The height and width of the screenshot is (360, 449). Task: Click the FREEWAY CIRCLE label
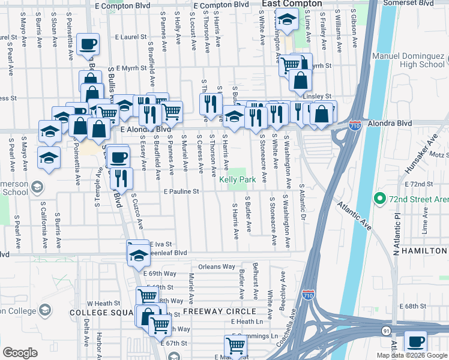coord(219,312)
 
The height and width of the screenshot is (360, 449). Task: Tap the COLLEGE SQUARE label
coord(105,313)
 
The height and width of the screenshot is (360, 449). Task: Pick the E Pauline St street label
coord(180,192)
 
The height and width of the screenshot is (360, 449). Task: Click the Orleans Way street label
coord(217,266)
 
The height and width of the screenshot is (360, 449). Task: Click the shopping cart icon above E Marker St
coord(235,345)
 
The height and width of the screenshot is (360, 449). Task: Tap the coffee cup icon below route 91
coord(415,341)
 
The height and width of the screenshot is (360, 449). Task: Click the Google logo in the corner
coord(20,353)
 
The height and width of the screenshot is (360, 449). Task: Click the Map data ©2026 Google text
coord(412,355)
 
